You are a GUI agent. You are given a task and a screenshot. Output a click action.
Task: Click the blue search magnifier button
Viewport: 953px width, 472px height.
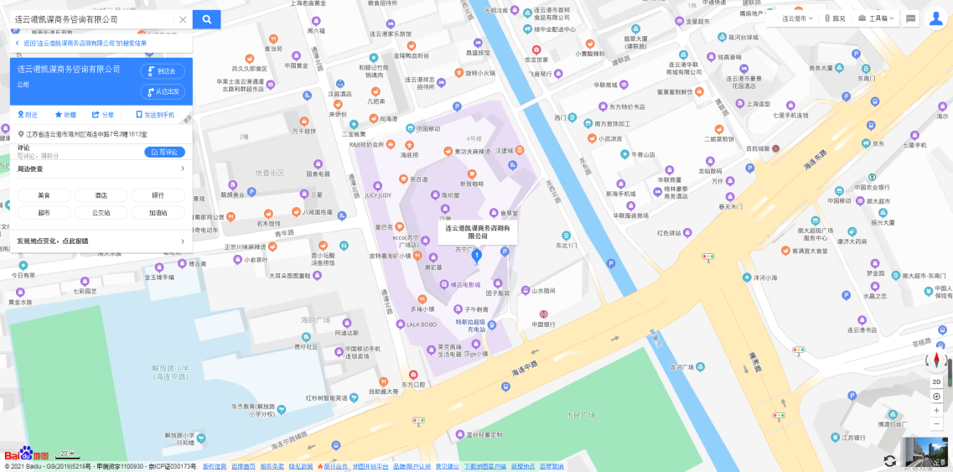point(206,19)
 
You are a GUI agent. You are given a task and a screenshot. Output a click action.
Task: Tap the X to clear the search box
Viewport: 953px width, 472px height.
point(183,19)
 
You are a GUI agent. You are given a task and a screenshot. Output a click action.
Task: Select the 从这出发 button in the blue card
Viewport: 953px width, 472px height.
point(163,91)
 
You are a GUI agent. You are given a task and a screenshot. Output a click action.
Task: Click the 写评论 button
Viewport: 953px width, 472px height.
point(164,152)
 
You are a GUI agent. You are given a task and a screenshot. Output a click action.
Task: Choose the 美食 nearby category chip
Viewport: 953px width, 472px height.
point(44,195)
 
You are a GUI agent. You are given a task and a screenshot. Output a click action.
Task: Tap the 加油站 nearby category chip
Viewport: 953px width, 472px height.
point(158,213)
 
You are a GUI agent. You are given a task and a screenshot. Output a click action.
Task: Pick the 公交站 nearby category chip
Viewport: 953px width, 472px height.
point(101,213)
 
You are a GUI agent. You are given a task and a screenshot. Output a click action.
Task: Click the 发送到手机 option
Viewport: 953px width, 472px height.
point(155,115)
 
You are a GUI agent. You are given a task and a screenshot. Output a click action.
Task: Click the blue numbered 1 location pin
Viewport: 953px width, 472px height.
point(477,255)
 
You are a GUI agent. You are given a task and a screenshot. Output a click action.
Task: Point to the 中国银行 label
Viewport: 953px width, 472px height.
point(543,324)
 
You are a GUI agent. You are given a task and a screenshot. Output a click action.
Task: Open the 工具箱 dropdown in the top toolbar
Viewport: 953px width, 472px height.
point(876,18)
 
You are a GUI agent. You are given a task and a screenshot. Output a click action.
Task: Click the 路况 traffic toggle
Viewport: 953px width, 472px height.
point(835,18)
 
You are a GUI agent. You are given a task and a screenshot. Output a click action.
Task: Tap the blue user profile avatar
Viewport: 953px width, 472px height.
point(936,18)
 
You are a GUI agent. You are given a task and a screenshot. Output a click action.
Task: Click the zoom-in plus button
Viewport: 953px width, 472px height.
point(936,411)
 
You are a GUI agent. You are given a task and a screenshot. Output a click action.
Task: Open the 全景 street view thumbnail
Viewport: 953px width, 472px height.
point(926,453)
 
